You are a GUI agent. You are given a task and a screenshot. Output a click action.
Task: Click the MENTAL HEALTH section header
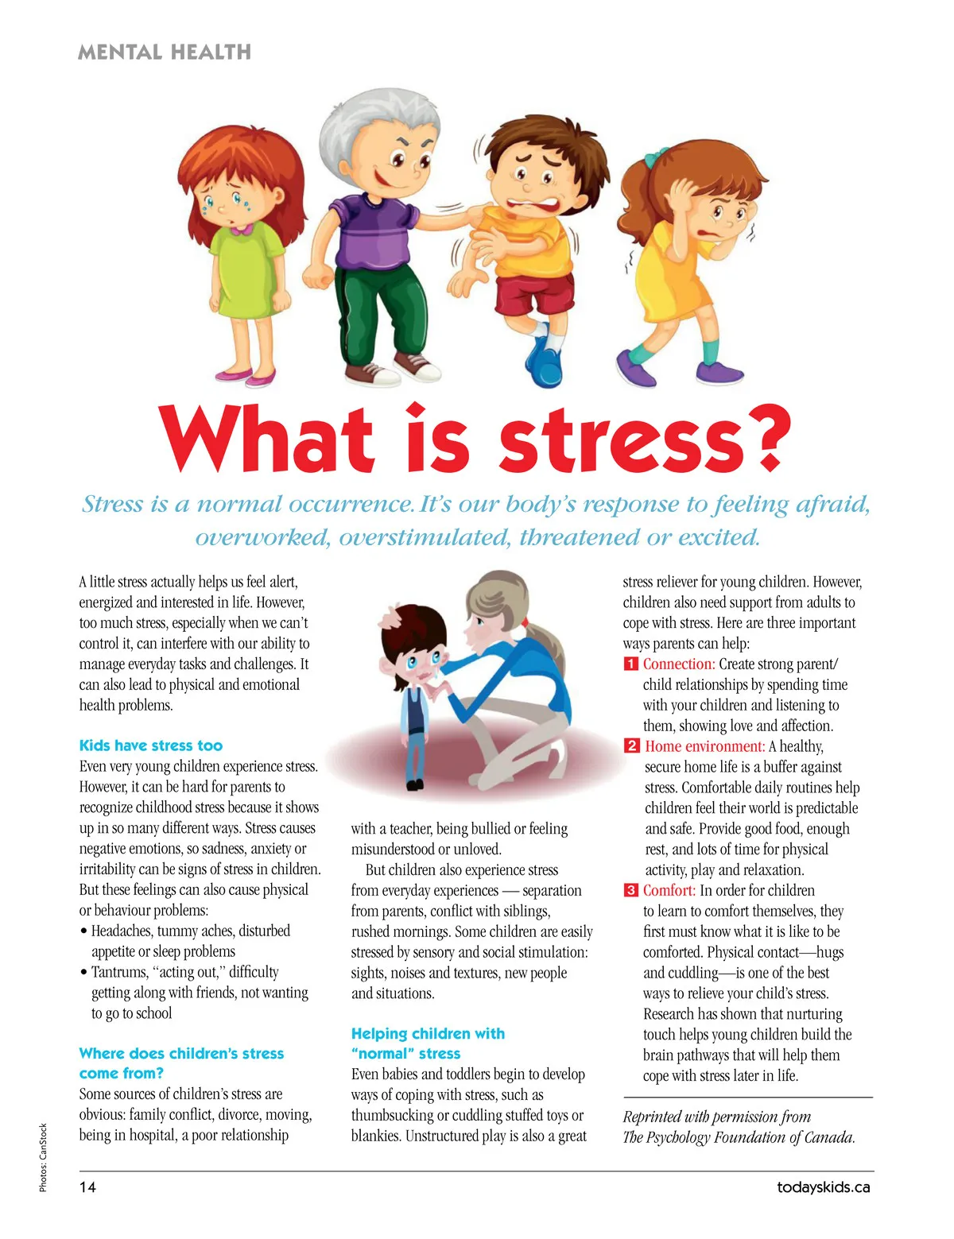(x=165, y=52)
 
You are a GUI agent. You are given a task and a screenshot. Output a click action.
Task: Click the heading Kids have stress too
(x=151, y=745)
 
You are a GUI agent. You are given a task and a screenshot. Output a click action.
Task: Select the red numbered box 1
(x=630, y=664)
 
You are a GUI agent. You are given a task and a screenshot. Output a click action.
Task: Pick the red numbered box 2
(x=631, y=745)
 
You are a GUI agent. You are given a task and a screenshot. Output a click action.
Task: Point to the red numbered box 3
(x=630, y=890)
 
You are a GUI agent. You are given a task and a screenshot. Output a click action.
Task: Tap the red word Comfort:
(x=669, y=890)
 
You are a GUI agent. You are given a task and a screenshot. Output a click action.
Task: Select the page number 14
(x=87, y=1187)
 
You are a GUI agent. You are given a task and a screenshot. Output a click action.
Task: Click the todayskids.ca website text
(x=824, y=1187)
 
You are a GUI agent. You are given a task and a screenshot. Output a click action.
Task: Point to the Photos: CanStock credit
(x=44, y=1156)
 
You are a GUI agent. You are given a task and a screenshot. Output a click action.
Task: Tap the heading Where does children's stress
(x=181, y=1053)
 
